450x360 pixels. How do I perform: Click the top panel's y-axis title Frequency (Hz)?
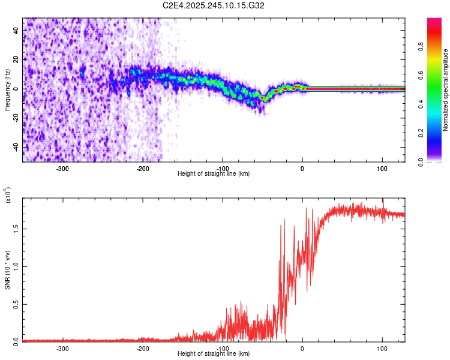(x=7, y=89)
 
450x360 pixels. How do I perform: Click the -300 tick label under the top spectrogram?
(x=63, y=169)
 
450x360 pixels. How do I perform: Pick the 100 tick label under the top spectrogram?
(x=382, y=169)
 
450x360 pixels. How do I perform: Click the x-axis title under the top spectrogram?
(x=214, y=174)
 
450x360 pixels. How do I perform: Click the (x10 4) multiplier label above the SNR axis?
(x=8, y=195)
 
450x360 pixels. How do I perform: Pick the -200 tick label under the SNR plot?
(x=142, y=349)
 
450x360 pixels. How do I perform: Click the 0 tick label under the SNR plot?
(x=302, y=349)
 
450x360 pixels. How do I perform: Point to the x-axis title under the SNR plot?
(x=214, y=354)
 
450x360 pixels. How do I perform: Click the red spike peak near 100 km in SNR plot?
(x=383, y=200)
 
